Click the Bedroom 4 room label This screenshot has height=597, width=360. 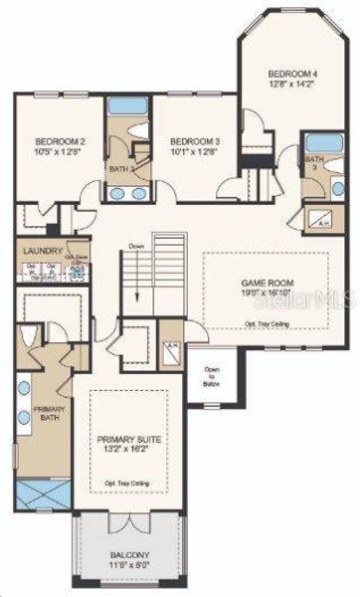click(291, 74)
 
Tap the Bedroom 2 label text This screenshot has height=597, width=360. click(60, 141)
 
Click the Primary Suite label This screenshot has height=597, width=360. click(129, 439)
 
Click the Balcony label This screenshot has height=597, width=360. click(129, 558)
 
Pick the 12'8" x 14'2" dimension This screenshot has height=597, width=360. click(291, 86)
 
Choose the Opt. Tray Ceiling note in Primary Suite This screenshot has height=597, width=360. click(129, 483)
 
